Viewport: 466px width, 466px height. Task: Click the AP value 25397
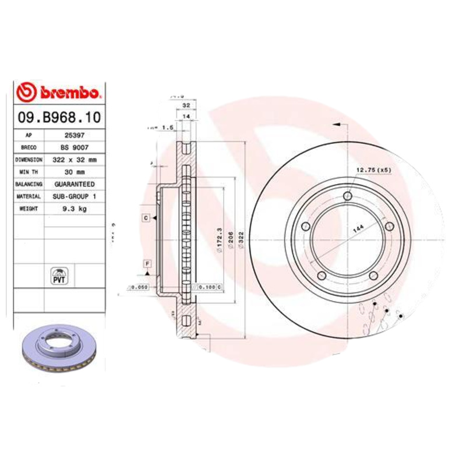[73, 135]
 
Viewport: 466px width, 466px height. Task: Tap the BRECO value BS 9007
[73, 147]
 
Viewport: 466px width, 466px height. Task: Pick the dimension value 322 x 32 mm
[73, 160]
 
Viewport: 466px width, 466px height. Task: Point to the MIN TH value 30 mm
[73, 172]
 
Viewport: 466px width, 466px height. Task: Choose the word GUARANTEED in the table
[73, 184]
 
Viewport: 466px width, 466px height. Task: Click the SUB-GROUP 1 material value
[73, 197]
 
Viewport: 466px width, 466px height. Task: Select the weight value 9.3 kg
[73, 209]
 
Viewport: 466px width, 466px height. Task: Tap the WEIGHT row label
[29, 209]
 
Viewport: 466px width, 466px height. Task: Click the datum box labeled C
[146, 218]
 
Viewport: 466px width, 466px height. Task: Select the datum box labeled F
[147, 263]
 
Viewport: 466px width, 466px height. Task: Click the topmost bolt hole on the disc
[348, 195]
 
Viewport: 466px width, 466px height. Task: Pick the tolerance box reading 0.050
[139, 287]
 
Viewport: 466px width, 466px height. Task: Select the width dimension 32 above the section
[186, 105]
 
